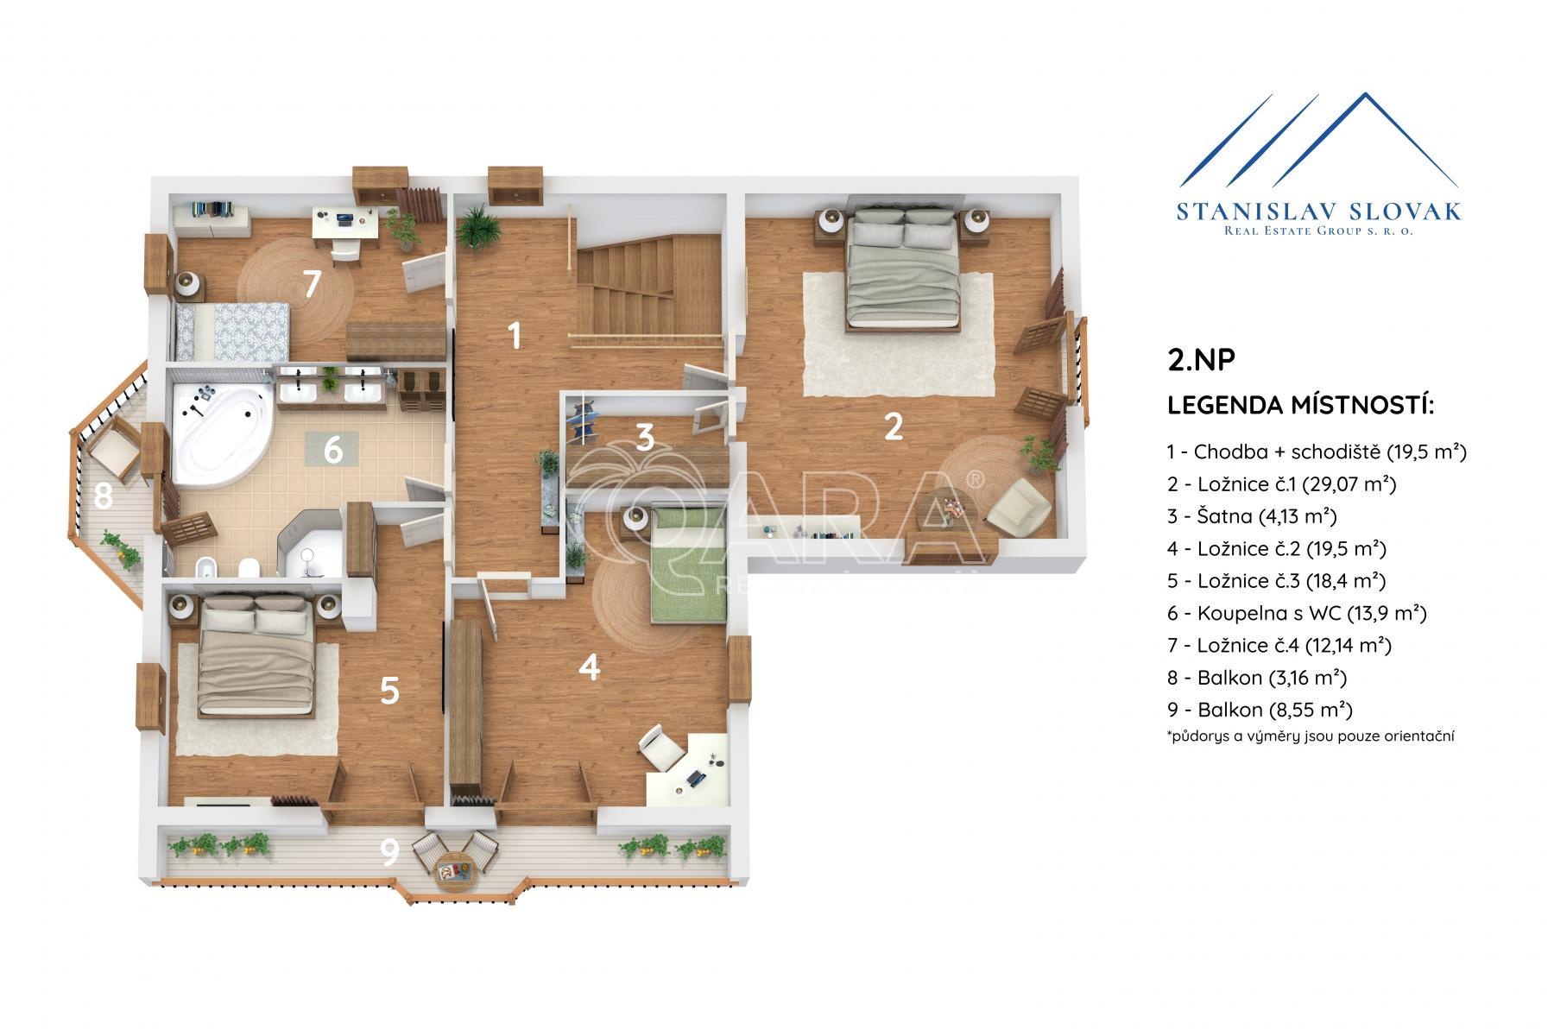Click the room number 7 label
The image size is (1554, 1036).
click(x=312, y=283)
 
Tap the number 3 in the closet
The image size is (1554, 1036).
click(x=645, y=439)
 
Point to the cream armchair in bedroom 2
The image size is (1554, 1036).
click(x=1018, y=505)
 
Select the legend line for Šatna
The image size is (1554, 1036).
click(x=1252, y=516)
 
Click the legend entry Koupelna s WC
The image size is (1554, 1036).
click(x=1296, y=613)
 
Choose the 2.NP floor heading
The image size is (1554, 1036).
click(x=1201, y=360)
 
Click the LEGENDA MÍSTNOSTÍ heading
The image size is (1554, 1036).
click(x=1300, y=405)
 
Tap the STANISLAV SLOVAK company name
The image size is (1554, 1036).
click(x=1319, y=211)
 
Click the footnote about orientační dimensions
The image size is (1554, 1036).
click(x=1310, y=736)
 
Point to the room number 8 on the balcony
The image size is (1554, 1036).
click(x=104, y=496)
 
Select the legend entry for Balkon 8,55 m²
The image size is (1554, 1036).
click(x=1260, y=710)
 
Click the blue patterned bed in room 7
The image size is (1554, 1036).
click(x=231, y=332)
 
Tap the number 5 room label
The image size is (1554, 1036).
click(x=389, y=691)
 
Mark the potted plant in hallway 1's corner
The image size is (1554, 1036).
click(x=478, y=227)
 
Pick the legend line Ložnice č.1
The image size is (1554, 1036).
click(x=1281, y=483)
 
